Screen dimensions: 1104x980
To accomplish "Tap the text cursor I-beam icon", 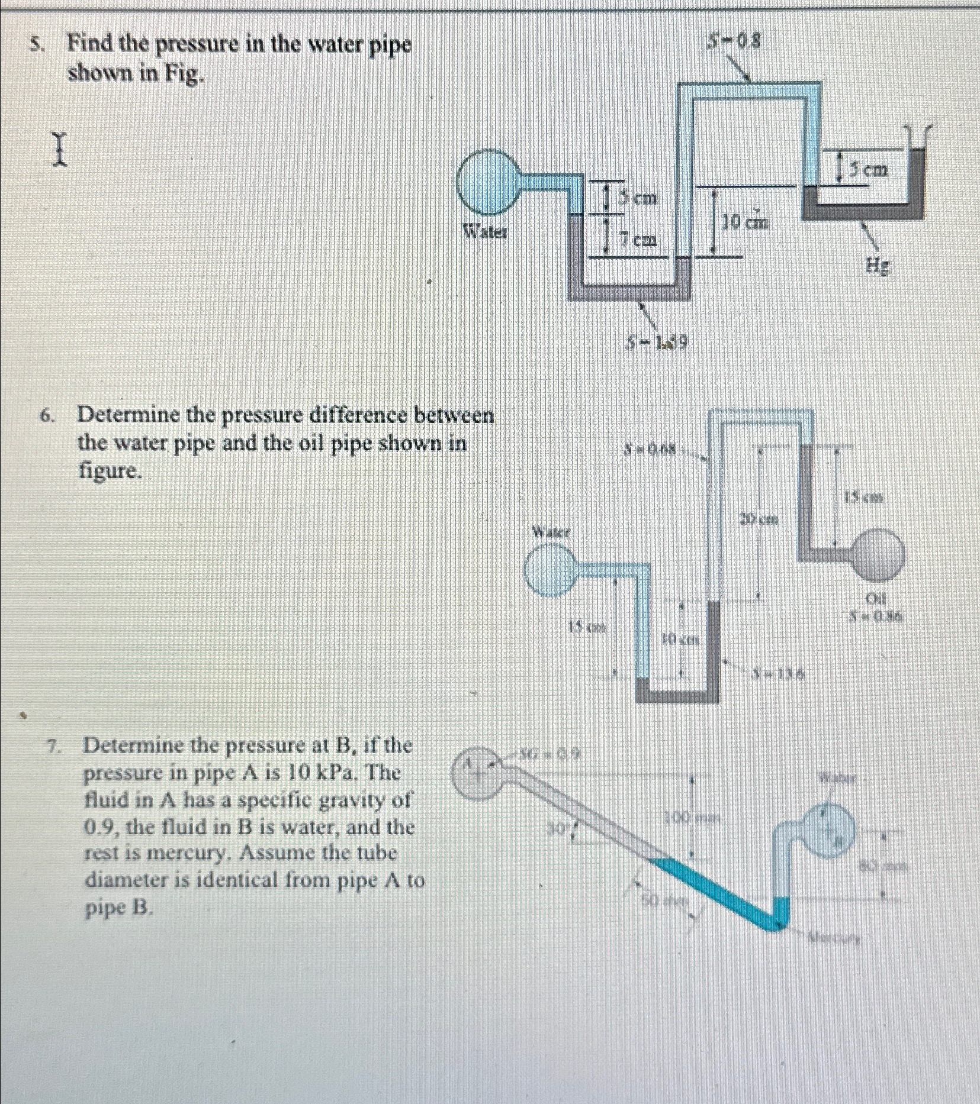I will [x=59, y=150].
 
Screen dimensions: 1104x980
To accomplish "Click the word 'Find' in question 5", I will [x=91, y=44].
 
